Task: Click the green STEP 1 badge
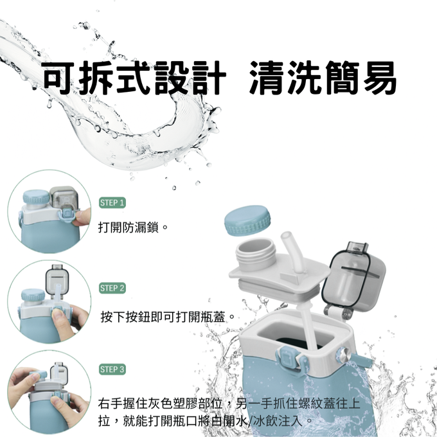112,202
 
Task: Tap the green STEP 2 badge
112,288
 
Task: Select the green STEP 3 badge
112,370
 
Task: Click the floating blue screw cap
247,220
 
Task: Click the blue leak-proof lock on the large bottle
287,357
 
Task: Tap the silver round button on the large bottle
343,353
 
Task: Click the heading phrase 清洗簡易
322,77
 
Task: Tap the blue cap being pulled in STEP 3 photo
38,375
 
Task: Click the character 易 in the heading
380,77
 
